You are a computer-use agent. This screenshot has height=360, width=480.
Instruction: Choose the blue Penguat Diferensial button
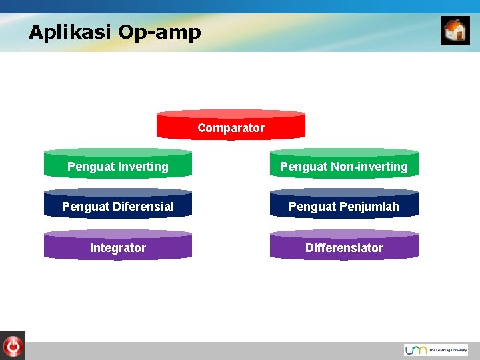pos(118,206)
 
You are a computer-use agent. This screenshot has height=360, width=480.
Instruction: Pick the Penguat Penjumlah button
pos(344,206)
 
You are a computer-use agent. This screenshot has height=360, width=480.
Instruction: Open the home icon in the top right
pos(455,31)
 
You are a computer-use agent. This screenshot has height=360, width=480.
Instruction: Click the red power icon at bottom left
pos(13,346)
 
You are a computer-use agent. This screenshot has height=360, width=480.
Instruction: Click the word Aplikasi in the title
pos(70,32)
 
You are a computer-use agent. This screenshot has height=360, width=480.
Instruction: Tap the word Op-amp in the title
pos(159,32)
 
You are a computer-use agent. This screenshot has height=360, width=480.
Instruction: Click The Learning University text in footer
pos(448,350)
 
